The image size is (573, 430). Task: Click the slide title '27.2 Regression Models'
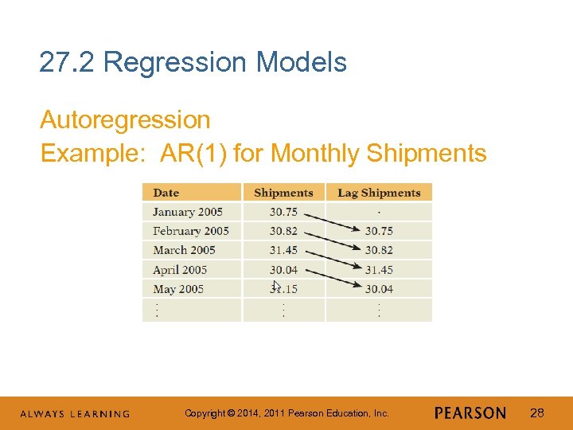[193, 62]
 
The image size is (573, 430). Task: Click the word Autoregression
[125, 120]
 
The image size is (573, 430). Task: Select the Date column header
[166, 193]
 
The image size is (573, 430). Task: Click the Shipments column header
[283, 193]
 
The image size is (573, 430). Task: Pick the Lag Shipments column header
[379, 193]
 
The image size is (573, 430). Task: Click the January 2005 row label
[188, 212]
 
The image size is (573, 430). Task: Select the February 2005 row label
[191, 231]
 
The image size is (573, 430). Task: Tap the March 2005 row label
[185, 250]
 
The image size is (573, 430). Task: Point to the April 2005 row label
[180, 270]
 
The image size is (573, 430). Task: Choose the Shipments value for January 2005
[283, 212]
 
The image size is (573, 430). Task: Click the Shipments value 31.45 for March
[283, 250]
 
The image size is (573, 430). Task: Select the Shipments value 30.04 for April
[283, 270]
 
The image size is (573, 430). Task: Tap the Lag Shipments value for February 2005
[379, 231]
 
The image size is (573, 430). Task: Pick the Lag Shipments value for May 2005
[379, 289]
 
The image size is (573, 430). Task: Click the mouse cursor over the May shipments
[275, 286]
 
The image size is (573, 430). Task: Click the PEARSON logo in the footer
[470, 413]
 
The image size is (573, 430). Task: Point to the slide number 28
[537, 413]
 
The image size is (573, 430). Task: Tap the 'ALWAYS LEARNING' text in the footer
[75, 414]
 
